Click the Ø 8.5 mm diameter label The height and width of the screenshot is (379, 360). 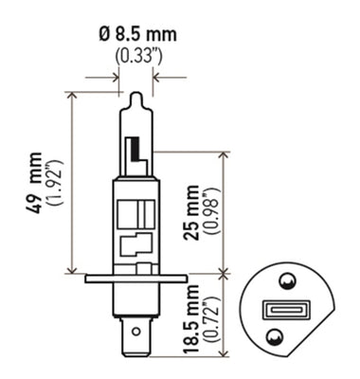(x=136, y=35)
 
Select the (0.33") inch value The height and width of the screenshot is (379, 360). (x=136, y=55)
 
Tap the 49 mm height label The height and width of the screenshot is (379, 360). (x=36, y=180)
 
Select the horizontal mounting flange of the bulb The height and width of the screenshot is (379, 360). (x=135, y=279)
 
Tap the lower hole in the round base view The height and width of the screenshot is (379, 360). (x=274, y=335)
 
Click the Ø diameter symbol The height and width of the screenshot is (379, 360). (x=102, y=35)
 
